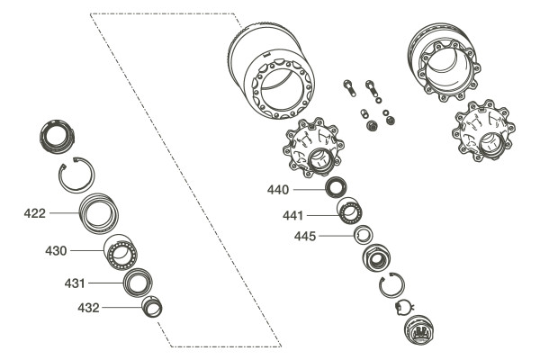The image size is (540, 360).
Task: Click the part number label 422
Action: point(34,213)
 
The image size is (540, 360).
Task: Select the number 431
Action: point(75,283)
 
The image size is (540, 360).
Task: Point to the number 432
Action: point(88,308)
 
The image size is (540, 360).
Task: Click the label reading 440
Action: point(278,190)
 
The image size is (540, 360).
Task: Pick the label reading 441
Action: point(292,216)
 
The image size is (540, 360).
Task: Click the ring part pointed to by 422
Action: point(100,215)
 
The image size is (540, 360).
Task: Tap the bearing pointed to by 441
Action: point(348,214)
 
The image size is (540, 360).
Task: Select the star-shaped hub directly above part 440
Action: point(316,148)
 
